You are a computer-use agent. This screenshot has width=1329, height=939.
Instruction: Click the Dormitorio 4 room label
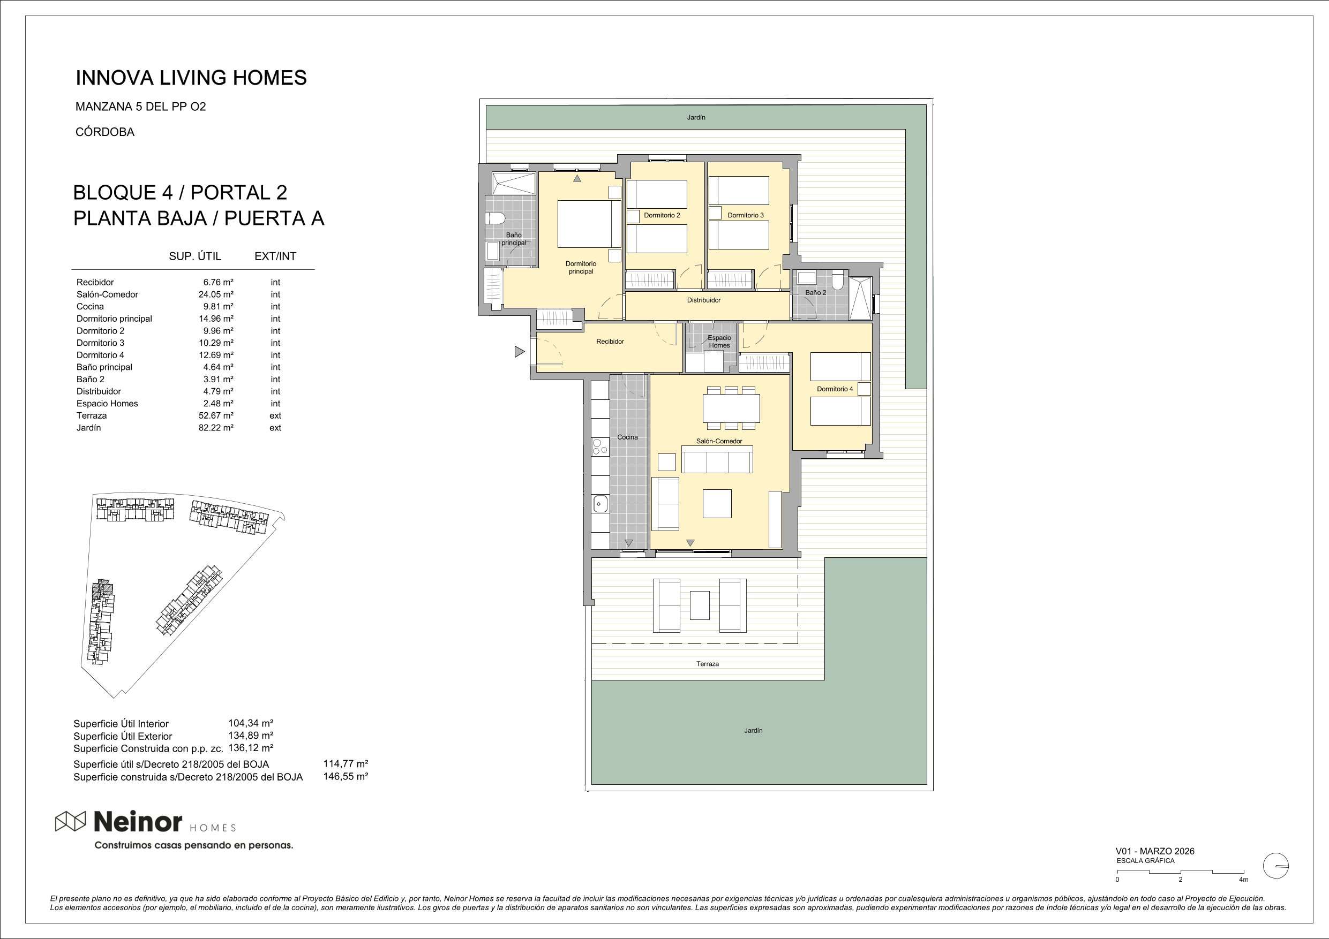835,389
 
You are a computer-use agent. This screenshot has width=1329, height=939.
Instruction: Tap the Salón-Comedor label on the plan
719,441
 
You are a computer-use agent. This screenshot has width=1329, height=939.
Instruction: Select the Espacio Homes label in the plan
719,342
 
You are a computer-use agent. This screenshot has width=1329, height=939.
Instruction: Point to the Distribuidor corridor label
704,300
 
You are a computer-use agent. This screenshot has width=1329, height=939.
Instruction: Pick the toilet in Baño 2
838,281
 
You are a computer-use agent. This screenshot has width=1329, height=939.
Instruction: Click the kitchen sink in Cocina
599,504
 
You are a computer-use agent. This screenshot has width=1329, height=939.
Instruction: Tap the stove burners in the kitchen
599,446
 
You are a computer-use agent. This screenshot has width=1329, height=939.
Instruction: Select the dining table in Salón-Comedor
731,408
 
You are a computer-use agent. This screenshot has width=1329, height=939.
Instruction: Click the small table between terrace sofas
700,604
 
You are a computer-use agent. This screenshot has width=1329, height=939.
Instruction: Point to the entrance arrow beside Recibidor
519,351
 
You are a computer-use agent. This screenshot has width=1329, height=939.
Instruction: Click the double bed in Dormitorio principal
589,224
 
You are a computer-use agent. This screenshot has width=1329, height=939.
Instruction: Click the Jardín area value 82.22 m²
216,428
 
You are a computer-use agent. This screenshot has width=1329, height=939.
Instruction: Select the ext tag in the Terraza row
275,415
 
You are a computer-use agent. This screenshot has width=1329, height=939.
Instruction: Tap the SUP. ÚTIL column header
195,256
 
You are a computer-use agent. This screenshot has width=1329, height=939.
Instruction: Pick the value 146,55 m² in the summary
346,776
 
